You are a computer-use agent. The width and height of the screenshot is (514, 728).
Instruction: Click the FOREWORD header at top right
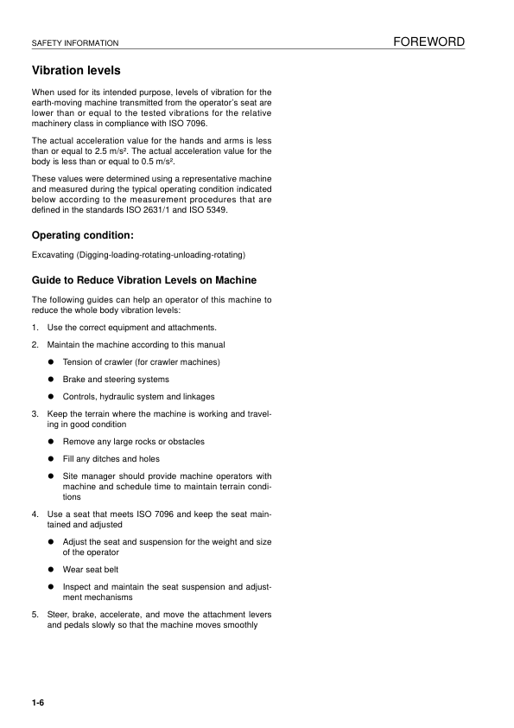[428, 42]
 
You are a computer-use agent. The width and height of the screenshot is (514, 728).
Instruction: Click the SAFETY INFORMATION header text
[74, 43]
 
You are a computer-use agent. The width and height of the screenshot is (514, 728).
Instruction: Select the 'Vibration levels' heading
[76, 70]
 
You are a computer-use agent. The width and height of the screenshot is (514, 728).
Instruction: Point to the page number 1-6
[37, 703]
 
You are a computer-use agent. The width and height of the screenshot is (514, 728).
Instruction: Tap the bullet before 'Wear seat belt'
[52, 570]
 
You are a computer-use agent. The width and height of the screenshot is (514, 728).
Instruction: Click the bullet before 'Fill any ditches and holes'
[52, 459]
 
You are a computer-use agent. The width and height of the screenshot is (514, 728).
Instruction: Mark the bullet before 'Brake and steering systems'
[52, 380]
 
